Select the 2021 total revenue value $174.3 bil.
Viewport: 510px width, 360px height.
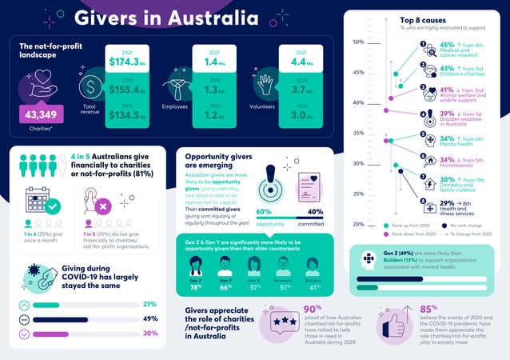pos(127,61)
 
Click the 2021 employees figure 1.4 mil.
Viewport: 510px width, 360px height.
pos(213,61)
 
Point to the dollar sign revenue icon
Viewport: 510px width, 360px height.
pos(92,86)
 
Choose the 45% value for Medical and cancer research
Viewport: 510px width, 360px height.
pos(448,46)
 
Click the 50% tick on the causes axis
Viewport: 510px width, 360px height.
pos(358,42)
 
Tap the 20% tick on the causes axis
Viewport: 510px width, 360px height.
pos(358,225)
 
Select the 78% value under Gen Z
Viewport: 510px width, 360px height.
pos(196,287)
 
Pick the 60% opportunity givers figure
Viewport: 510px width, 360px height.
pos(265,212)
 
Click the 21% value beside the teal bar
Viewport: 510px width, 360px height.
pos(149,304)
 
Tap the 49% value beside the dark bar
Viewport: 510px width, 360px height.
pos(149,318)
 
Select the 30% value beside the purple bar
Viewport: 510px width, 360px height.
pos(149,333)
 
